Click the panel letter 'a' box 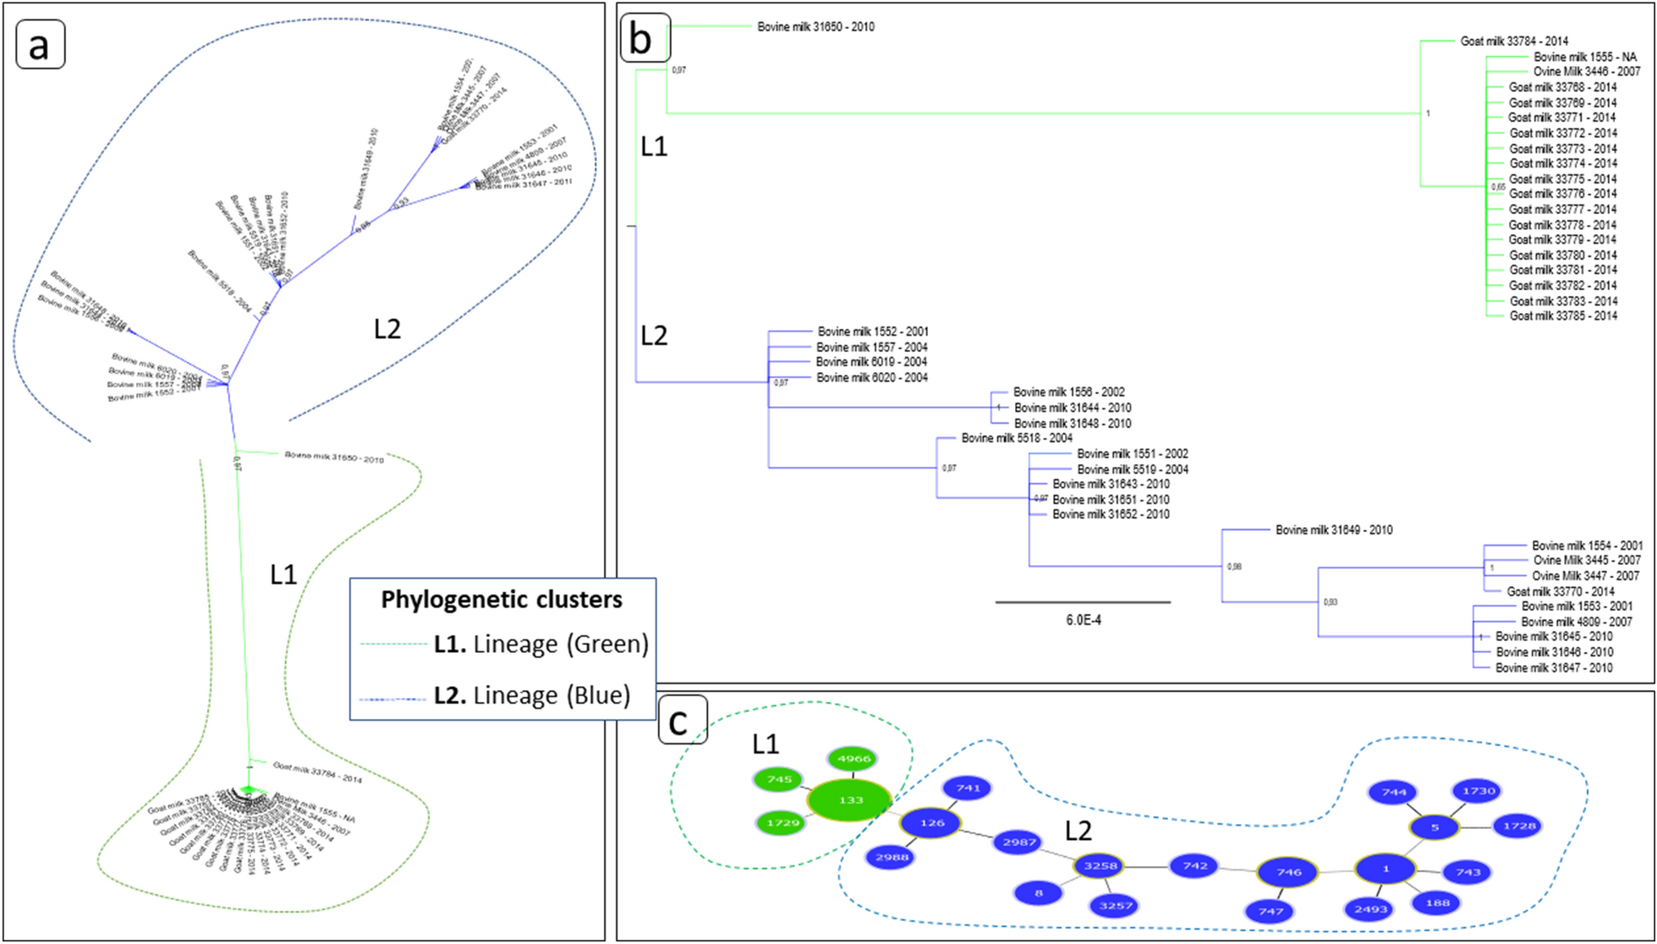click(x=40, y=44)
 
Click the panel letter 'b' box click(x=645, y=38)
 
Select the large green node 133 click(x=849, y=799)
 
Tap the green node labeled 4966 click(x=853, y=759)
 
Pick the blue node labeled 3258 click(x=1100, y=865)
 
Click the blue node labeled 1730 click(x=1479, y=791)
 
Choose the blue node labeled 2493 click(x=1370, y=908)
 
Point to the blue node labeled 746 click(x=1287, y=871)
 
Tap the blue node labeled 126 click(x=931, y=822)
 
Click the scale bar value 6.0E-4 click(x=1083, y=620)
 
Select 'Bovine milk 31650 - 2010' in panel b click(x=815, y=27)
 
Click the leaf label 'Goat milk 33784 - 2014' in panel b click(x=1514, y=41)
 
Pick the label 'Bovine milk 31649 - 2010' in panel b click(x=1334, y=530)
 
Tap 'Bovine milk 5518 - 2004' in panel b click(x=1017, y=438)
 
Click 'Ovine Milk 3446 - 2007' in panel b click(x=1587, y=72)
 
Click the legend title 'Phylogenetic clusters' click(x=502, y=600)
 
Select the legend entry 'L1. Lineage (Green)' click(x=540, y=644)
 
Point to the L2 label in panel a click(x=387, y=328)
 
